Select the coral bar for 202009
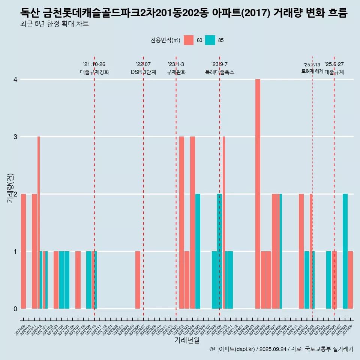pos(23,251)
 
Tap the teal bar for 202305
pos(198,251)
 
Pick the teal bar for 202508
pos(345,251)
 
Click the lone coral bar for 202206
pos(138,280)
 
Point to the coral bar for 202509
pos(350,280)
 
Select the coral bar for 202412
pos(301,251)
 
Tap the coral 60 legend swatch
pos(189,40)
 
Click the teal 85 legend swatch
pos(210,40)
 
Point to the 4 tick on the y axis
pos(15,79)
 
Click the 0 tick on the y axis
pos(15,309)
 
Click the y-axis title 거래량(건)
pos(10,187)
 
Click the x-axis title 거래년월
pos(187,340)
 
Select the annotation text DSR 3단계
pos(143,72)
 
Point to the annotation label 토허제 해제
pos(312,71)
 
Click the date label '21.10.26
pos(94,64)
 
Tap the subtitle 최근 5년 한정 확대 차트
pos(54,24)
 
